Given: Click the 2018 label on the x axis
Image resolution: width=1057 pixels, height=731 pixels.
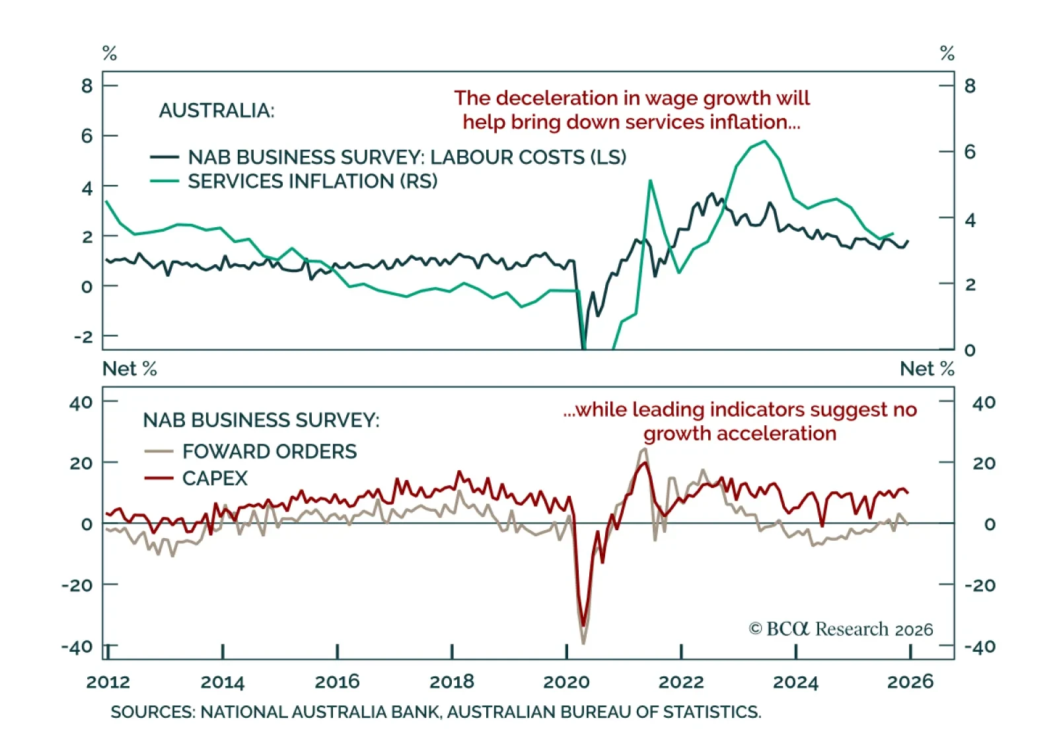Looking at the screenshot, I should pyautogui.click(x=452, y=681).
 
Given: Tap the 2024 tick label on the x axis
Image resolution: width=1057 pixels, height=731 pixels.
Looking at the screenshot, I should pyautogui.click(x=795, y=681).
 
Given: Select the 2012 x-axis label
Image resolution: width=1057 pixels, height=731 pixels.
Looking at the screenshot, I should pyautogui.click(x=108, y=681).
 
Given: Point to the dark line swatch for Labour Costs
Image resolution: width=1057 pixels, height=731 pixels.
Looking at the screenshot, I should pyautogui.click(x=164, y=157).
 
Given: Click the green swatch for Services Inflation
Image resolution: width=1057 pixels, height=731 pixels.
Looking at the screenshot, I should pyautogui.click(x=164, y=181).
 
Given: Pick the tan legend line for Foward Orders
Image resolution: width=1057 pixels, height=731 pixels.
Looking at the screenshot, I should pyautogui.click(x=159, y=452).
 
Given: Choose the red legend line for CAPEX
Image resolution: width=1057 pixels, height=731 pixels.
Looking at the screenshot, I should pyautogui.click(x=159, y=478).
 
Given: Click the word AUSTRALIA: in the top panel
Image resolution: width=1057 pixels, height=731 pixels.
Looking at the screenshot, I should pyautogui.click(x=217, y=110).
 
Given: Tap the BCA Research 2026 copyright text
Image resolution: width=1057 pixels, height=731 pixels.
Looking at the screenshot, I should pyautogui.click(x=841, y=629).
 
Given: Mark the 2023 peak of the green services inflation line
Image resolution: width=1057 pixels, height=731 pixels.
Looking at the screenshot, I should pyautogui.click(x=764, y=141).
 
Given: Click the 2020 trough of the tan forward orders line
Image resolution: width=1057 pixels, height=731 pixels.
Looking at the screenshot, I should pyautogui.click(x=583, y=642).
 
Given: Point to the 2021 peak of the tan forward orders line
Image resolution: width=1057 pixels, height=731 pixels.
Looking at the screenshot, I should pyautogui.click(x=645, y=449).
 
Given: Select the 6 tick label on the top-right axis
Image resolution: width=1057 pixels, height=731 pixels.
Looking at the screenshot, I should pyautogui.click(x=970, y=152).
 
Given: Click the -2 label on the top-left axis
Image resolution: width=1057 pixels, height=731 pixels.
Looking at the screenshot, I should pyautogui.click(x=84, y=337).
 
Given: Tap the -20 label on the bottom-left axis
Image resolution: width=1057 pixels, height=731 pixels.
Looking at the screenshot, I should pyautogui.click(x=81, y=585).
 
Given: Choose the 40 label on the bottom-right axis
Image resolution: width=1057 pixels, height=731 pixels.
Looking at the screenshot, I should pyautogui.click(x=984, y=402).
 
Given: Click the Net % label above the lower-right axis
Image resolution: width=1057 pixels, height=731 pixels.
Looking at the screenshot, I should pyautogui.click(x=927, y=368).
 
